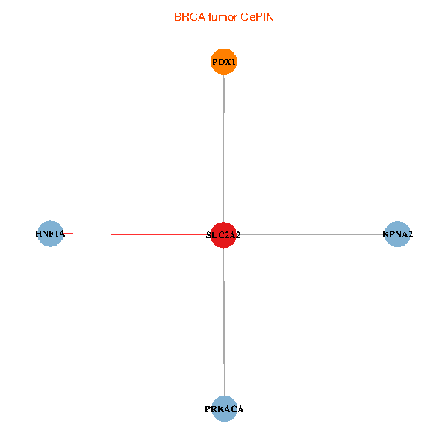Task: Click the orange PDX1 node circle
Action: (x=224, y=61)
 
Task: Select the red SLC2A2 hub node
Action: (x=224, y=234)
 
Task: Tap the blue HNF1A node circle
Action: (x=50, y=234)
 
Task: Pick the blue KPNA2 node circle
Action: (x=397, y=234)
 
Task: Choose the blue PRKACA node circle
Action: (x=224, y=408)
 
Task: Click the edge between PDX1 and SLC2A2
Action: (x=224, y=149)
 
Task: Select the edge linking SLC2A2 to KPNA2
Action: (x=314, y=234)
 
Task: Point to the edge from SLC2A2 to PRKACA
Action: (x=224, y=321)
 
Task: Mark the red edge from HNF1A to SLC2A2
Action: (x=134, y=234)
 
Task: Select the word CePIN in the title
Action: (x=258, y=17)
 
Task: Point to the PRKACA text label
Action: (x=224, y=409)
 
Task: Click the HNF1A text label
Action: (x=50, y=234)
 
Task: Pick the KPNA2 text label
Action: (x=397, y=234)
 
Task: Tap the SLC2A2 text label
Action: (x=223, y=235)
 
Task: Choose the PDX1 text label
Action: (x=224, y=62)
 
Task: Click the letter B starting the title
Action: (x=178, y=17)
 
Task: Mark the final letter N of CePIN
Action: (x=270, y=17)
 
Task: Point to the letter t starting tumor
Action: (x=211, y=17)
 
